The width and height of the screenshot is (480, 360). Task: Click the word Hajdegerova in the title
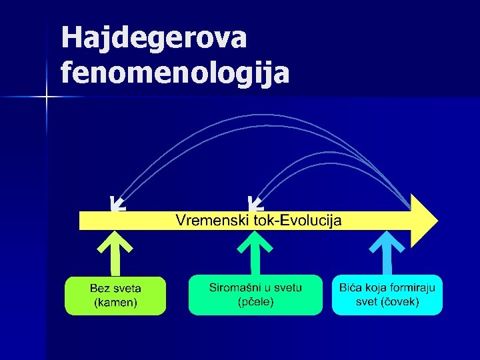[x=154, y=38]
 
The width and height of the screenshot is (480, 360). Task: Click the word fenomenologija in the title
[x=175, y=71]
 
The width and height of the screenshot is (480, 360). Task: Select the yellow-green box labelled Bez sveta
[x=115, y=295]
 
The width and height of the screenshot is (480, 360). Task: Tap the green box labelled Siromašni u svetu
[x=255, y=295]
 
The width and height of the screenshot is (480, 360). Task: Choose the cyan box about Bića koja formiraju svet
[x=387, y=295]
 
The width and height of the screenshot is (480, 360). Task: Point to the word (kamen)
[x=115, y=303]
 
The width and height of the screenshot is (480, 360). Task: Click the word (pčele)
[x=255, y=302]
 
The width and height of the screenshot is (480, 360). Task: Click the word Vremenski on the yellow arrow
[x=211, y=220]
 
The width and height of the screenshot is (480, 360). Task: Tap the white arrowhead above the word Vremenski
[x=254, y=203]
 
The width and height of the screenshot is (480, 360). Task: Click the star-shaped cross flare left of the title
[x=47, y=97]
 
